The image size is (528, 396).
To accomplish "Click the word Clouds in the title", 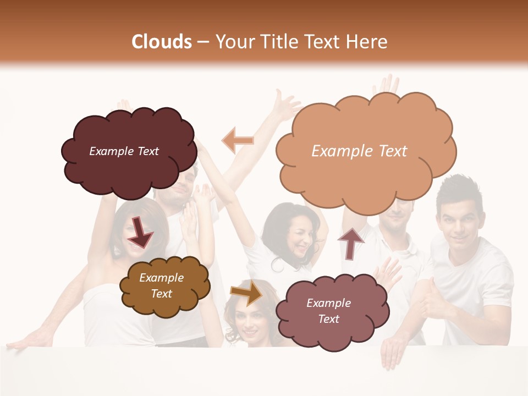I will pos(162,42).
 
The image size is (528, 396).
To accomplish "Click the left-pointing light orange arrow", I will pos(238,140).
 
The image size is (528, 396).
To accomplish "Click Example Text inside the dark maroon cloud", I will pos(124,151).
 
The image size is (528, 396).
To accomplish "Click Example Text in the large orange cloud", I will pos(359,151).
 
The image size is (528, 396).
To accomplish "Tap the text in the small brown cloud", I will pos(161,286).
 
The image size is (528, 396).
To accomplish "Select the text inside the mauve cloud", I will pos(328,311).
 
